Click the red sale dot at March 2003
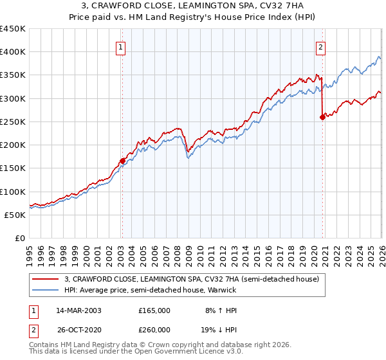pyautogui.click(x=122, y=161)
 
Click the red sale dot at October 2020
pyautogui.click(x=322, y=118)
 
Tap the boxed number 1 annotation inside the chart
pyautogui.click(x=120, y=48)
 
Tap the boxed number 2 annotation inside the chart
pyautogui.click(x=320, y=48)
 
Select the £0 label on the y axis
pyautogui.click(x=20, y=239)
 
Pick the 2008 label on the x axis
pyautogui.click(x=178, y=256)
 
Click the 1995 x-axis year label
pyautogui.click(x=30, y=256)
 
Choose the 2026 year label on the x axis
pyautogui.click(x=382, y=256)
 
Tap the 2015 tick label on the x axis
pyautogui.click(x=257, y=256)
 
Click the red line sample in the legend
pyautogui.click(x=45, y=279)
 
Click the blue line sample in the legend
pyautogui.click(x=45, y=290)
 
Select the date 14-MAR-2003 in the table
pyautogui.click(x=78, y=310)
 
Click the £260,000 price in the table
pyautogui.click(x=154, y=330)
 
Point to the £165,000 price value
pyautogui.click(x=154, y=310)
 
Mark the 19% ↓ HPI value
pyautogui.click(x=219, y=330)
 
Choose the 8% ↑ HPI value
pyautogui.click(x=221, y=310)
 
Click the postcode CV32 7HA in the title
pyautogui.click(x=282, y=5)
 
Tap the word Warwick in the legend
pyautogui.click(x=222, y=290)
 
